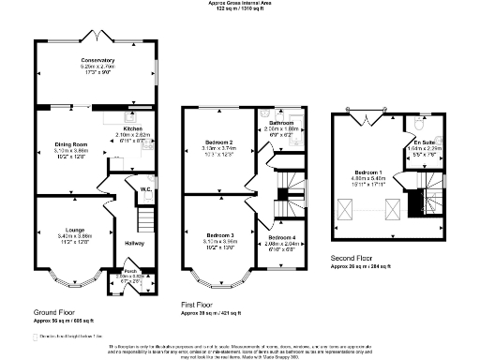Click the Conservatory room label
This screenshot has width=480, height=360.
click(97, 61)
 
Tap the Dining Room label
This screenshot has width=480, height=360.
click(70, 143)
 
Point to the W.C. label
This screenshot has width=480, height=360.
click(145, 189)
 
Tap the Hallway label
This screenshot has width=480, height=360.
click(135, 243)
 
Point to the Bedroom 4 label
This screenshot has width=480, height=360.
click(281, 237)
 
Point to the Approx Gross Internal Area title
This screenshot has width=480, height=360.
click(240, 4)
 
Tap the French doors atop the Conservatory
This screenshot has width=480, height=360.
click(97, 35)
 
